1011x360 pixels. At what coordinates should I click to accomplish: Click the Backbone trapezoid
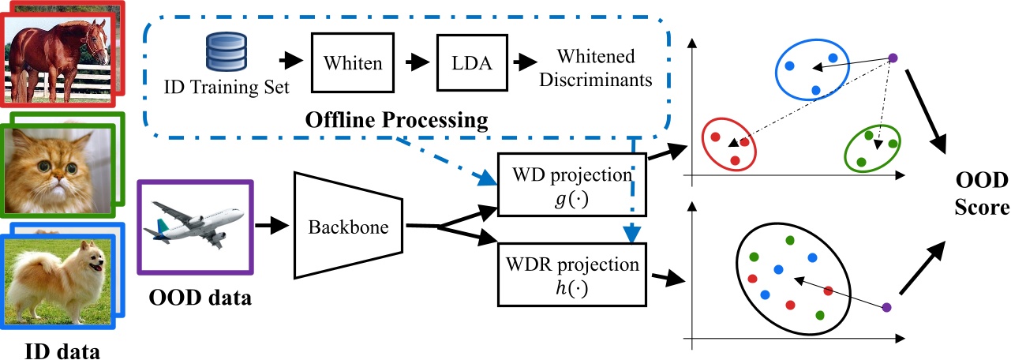click(x=349, y=227)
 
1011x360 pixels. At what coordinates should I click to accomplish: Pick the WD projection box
click(x=571, y=183)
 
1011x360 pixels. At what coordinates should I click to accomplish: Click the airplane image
click(x=196, y=227)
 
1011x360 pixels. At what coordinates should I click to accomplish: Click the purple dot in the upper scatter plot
click(x=893, y=57)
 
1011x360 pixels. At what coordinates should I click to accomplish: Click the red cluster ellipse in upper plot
click(x=729, y=144)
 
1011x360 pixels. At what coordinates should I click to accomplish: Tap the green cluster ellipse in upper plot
click(x=872, y=147)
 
